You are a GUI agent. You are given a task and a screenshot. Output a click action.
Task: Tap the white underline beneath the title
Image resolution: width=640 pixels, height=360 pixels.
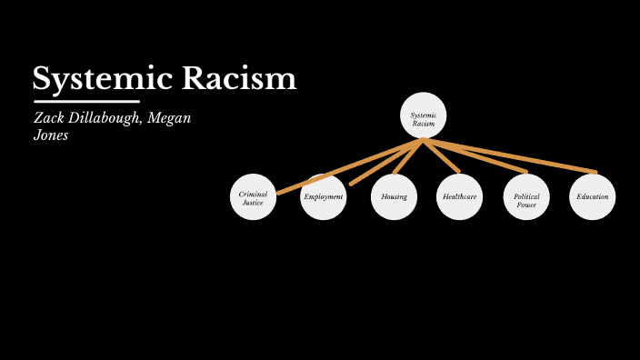pyautogui.click(x=86, y=101)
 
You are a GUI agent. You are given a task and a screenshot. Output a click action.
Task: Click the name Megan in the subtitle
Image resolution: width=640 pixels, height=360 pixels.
pyautogui.click(x=171, y=119)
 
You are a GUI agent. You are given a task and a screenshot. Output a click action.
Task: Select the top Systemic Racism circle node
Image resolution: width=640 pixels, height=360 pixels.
pyautogui.click(x=424, y=116)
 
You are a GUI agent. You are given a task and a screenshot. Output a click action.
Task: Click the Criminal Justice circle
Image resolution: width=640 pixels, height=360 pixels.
pyautogui.click(x=253, y=198)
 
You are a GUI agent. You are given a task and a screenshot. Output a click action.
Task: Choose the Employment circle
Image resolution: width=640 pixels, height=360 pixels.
pyautogui.click(x=324, y=197)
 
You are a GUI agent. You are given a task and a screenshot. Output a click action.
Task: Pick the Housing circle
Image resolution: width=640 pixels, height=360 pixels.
pyautogui.click(x=394, y=197)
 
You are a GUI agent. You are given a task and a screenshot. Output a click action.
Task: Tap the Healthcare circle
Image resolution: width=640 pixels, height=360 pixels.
pyautogui.click(x=459, y=197)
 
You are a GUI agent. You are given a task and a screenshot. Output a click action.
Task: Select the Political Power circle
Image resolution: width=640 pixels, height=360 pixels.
pyautogui.click(x=526, y=198)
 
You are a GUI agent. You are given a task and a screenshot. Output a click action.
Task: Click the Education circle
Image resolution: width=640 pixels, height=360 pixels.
pyautogui.click(x=592, y=197)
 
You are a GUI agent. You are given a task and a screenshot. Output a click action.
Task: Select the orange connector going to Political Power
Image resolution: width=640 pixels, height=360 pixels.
pyautogui.click(x=477, y=156)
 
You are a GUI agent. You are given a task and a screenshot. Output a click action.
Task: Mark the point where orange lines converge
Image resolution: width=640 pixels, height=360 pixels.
pyautogui.click(x=423, y=140)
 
